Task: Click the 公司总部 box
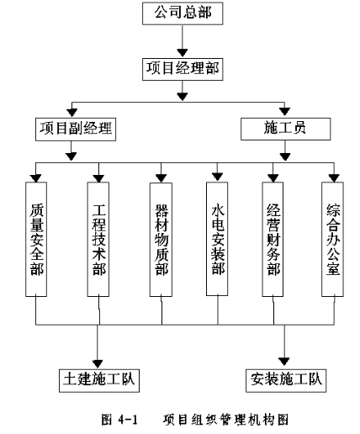pyautogui.click(x=183, y=13)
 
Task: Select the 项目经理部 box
pyautogui.click(x=183, y=69)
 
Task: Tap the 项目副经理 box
pyautogui.click(x=76, y=130)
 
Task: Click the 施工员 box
pyautogui.click(x=286, y=129)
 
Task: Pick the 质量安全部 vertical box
pyautogui.click(x=36, y=239)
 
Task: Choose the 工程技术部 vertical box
pyautogui.click(x=98, y=239)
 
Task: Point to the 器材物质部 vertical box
pyautogui.click(x=161, y=240)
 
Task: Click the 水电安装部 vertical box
pyautogui.click(x=217, y=239)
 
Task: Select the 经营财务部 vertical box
pyautogui.click(x=273, y=239)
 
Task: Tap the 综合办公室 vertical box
pyautogui.click(x=332, y=239)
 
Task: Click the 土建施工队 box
pyautogui.click(x=99, y=380)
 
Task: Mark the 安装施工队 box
pyautogui.click(x=286, y=380)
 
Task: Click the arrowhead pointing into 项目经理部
pyautogui.click(x=183, y=52)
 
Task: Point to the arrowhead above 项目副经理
pyautogui.click(x=72, y=113)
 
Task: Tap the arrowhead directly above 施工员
pyautogui.click(x=285, y=112)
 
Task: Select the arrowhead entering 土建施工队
pyautogui.click(x=98, y=363)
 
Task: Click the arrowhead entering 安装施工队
pyautogui.click(x=284, y=362)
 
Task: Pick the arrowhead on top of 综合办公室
pyautogui.click(x=334, y=178)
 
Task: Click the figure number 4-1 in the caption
pyautogui.click(x=128, y=420)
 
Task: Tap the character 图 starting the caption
pyautogui.click(x=107, y=420)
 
